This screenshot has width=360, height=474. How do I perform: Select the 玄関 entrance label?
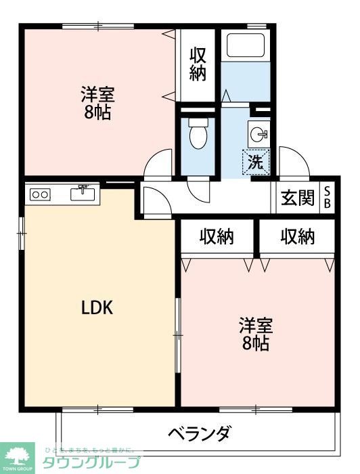[298, 198]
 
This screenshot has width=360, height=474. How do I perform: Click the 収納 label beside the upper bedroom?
[198, 64]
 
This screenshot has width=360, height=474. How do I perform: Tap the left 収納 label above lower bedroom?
[217, 236]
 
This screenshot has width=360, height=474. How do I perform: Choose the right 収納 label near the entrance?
[298, 236]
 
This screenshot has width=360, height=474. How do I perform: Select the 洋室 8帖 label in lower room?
[255, 334]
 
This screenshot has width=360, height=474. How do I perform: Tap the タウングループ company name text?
[92, 463]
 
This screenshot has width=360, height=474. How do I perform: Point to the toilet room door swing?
[198, 190]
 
